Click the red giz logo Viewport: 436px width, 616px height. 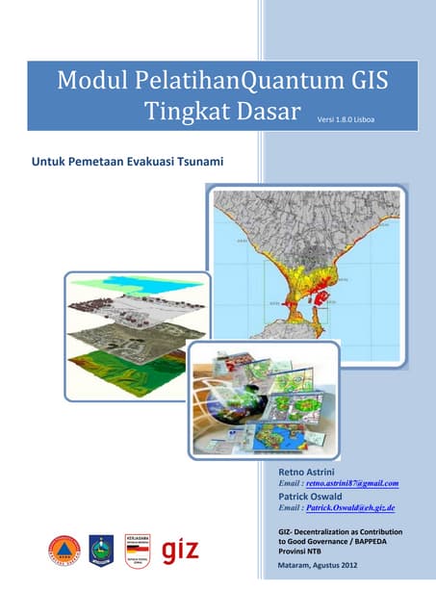click(x=183, y=552)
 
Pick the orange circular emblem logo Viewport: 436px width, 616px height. click(x=64, y=552)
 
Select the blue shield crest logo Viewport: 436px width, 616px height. click(x=100, y=552)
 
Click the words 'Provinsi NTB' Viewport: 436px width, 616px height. click(x=294, y=552)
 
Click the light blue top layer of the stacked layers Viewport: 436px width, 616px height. click(x=144, y=283)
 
